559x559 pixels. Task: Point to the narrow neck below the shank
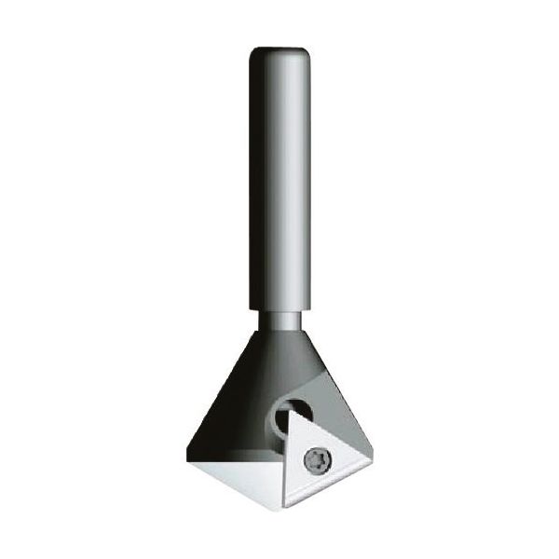(x=279, y=320)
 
